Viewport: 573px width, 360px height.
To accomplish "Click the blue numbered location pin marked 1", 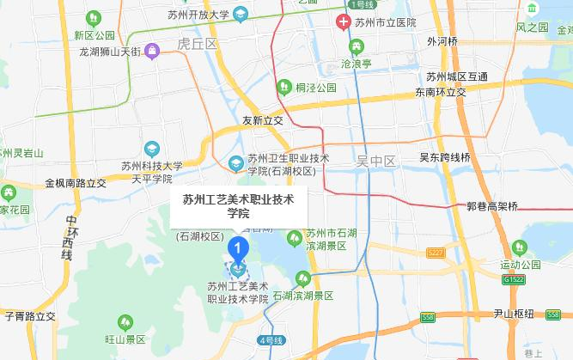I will (x=237, y=251).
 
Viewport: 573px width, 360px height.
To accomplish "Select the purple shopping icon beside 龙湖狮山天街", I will (x=152, y=51).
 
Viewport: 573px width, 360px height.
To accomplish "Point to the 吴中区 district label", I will (x=375, y=161).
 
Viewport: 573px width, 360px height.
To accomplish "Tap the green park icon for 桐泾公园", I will (x=283, y=86).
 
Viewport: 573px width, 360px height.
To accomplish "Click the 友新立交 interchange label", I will (x=262, y=121).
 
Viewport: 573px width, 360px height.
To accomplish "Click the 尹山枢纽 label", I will (x=515, y=314).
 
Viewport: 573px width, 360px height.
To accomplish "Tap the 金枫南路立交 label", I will (x=76, y=183).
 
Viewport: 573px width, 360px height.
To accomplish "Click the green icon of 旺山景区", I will (x=125, y=322).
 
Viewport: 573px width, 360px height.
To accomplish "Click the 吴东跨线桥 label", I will (x=444, y=158).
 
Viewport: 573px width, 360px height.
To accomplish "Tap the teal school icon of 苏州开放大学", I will (x=241, y=14).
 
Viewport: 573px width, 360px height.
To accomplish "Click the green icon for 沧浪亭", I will (x=356, y=46).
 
